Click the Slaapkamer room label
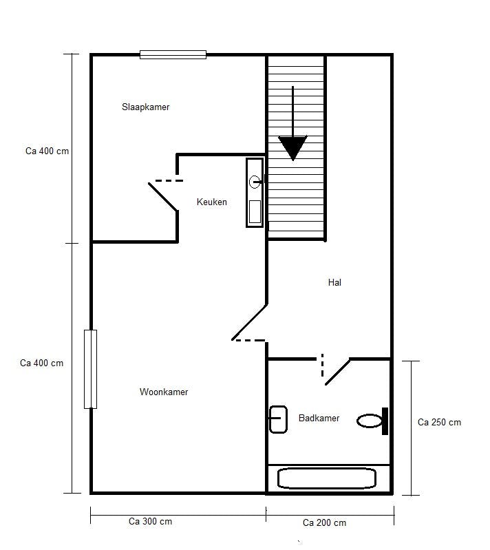[145, 107]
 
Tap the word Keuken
[211, 202]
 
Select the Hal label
[334, 282]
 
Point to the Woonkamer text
[164, 392]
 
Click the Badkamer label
[319, 418]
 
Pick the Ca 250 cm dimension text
[439, 423]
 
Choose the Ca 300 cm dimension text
[150, 521]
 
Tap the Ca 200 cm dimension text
[324, 522]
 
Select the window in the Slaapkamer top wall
[173, 54]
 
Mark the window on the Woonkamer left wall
[90, 369]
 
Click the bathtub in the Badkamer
[326, 478]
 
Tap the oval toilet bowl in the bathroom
[369, 421]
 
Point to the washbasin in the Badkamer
[278, 420]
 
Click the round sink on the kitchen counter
[255, 182]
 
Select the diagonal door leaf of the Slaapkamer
[163, 196]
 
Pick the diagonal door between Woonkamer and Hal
[250, 321]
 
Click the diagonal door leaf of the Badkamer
[337, 371]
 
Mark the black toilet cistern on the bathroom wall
[385, 421]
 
